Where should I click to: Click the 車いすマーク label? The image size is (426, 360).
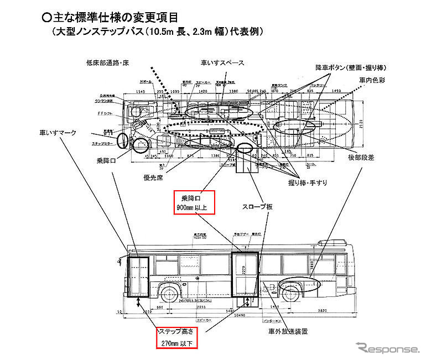(57, 133)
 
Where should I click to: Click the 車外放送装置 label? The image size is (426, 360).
(289, 332)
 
